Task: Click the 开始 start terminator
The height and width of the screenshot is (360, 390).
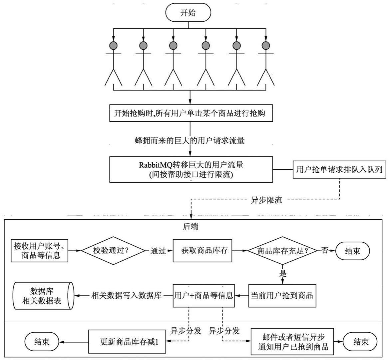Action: coord(188,13)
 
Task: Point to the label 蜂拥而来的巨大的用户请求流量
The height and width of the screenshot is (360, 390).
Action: coord(190,141)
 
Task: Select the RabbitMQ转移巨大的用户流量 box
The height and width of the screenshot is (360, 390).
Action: coord(191,169)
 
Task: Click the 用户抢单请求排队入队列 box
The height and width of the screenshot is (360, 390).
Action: coord(339,169)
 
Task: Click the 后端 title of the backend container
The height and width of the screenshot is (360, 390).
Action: coord(191,227)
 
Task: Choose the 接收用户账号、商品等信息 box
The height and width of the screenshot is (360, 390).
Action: coord(41,250)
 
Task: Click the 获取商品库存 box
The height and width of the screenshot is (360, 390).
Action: coord(202,250)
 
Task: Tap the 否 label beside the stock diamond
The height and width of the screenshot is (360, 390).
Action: coord(325,250)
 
